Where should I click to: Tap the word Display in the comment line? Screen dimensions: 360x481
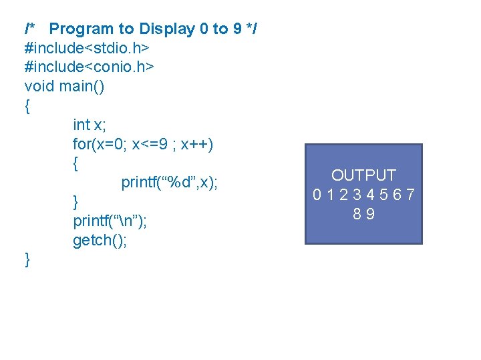166,29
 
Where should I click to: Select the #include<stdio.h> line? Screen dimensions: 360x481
87,48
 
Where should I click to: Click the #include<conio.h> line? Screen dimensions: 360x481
90,67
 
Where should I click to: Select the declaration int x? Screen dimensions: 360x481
90,125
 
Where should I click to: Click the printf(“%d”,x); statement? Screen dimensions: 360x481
170,183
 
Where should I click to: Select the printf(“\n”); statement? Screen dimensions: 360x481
110,221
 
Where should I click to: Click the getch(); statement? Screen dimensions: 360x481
100,240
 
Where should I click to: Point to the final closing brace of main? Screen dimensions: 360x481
27,259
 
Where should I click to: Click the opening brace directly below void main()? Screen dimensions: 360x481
27,106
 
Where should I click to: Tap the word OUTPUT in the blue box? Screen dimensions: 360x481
364,175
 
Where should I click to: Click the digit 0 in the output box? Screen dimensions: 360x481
319,195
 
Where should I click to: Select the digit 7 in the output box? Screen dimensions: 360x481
410,195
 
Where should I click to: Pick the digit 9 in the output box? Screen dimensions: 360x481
370,214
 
